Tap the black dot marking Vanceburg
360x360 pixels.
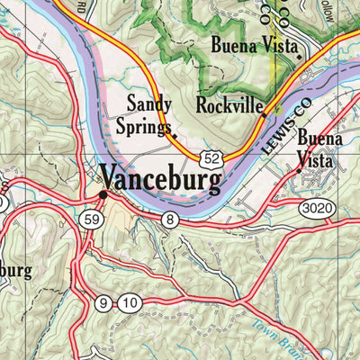[103, 193]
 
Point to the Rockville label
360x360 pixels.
[229, 105]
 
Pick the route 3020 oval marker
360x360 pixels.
[323, 210]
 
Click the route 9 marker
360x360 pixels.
[105, 304]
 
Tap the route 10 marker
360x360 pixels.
[129, 304]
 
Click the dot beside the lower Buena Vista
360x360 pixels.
[298, 168]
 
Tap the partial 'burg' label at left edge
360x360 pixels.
[15, 270]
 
